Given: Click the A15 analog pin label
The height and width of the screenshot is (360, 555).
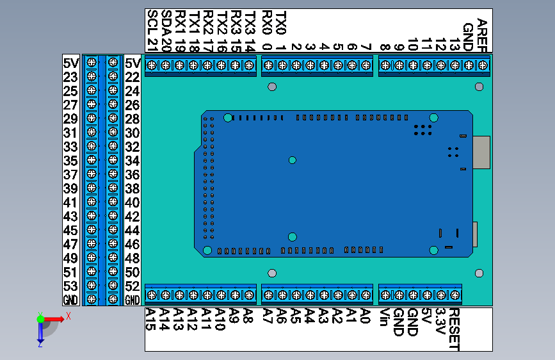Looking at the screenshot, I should pyautogui.click(x=152, y=319).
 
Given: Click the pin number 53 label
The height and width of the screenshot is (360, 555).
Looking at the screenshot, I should pyautogui.click(x=70, y=286).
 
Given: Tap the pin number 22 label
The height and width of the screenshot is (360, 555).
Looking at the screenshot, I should pyautogui.click(x=133, y=77).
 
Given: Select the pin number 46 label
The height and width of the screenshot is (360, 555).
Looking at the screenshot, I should pyautogui.click(x=133, y=244).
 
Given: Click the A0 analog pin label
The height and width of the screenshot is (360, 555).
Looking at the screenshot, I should pyautogui.click(x=366, y=315).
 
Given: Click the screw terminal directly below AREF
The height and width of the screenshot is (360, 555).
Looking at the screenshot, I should pyautogui.click(x=483, y=65).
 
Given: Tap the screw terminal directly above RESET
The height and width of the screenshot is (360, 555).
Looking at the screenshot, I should pyautogui.click(x=455, y=295).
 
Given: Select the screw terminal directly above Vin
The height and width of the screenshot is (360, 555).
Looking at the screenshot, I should pyautogui.click(x=385, y=295).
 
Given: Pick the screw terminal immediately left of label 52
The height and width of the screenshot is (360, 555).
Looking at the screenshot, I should pyautogui.click(x=113, y=286).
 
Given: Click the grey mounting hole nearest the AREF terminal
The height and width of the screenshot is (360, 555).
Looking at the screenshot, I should pyautogui.click(x=479, y=86).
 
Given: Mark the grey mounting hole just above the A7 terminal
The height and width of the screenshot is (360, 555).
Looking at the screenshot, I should pyautogui.click(x=272, y=274).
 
